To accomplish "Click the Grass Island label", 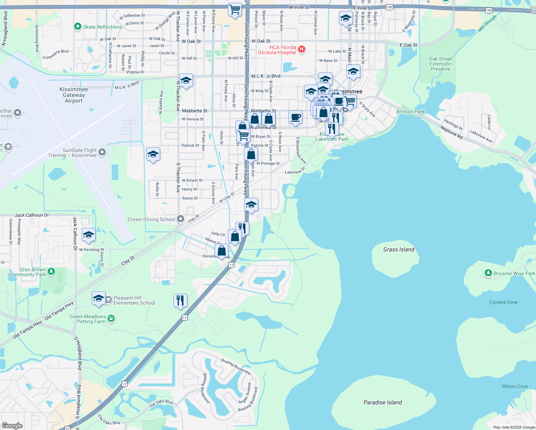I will coord(398,249).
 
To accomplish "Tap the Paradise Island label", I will coord(383,402).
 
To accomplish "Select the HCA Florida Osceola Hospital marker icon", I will coord(302,49).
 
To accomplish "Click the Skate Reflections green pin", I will coord(77,27).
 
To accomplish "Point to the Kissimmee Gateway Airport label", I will coord(74,95).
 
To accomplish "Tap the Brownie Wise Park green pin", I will coord(488,273).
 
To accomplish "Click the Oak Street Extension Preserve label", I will coord(440,64).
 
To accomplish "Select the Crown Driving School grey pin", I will coord(181,219).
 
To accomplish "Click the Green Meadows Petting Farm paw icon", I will coord(111,318).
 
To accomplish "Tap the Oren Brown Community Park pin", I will coord(51,271).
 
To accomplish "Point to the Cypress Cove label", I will coord(503,302).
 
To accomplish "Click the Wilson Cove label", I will coord(515,386).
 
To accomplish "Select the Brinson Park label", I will coord(410,111).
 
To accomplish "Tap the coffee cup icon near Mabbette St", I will coord(295,117).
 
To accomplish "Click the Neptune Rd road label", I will coord(451,133).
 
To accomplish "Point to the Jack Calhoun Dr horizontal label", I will coord(32,215).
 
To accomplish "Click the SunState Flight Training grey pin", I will coord(102,152).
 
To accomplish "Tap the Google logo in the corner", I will coord(12,425).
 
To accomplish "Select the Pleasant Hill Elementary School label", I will coord(134,300).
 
